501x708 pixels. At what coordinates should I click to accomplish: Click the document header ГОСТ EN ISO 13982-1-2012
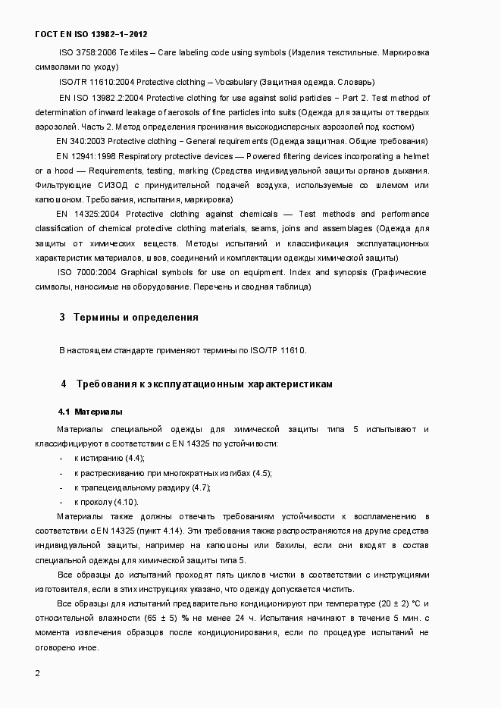(92, 35)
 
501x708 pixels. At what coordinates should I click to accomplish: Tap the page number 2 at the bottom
(38, 673)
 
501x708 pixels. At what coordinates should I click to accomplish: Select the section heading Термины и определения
(136, 318)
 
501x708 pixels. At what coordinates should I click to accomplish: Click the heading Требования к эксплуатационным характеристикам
(205, 384)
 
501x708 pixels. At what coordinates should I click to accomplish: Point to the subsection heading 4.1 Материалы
(90, 412)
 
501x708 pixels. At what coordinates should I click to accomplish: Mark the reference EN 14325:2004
(85, 214)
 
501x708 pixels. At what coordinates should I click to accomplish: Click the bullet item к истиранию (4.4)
(109, 459)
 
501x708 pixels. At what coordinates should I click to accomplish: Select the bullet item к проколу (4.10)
(106, 502)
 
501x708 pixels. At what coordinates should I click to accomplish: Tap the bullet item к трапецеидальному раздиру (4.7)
(142, 487)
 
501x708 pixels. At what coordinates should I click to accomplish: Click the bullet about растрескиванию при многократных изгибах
(172, 473)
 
